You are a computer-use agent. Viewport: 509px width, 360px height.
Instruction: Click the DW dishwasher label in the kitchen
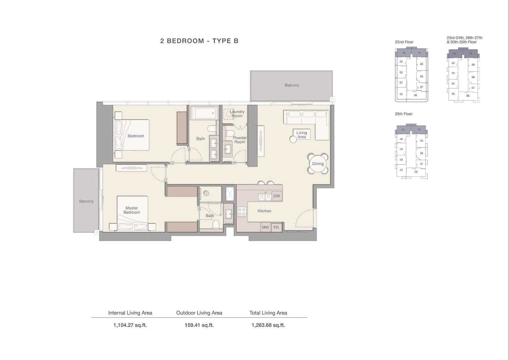tap(277, 196)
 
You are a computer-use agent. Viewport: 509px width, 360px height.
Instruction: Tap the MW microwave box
tap(265, 227)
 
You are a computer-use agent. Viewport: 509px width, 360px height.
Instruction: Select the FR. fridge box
tap(277, 227)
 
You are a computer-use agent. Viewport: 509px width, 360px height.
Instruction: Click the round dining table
tap(318, 164)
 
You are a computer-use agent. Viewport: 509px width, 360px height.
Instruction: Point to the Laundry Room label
tap(237, 114)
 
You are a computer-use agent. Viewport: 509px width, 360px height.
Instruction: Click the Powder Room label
tap(240, 140)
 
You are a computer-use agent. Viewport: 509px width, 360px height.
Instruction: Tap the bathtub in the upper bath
tap(204, 113)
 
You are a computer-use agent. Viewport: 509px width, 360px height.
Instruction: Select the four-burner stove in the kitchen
tap(242, 212)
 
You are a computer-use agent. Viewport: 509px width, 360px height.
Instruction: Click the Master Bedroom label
tap(132, 210)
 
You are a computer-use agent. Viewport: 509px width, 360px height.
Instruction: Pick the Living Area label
tap(302, 135)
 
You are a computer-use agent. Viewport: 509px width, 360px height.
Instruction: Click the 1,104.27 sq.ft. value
tap(130, 325)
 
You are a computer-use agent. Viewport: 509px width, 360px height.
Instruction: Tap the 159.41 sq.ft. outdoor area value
tap(199, 325)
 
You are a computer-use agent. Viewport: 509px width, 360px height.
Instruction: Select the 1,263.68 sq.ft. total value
tap(268, 325)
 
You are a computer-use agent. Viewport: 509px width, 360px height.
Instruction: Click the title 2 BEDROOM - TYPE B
tap(199, 41)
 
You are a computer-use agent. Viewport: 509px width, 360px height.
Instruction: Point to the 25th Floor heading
tap(403, 114)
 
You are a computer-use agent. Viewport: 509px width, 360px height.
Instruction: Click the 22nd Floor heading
tap(404, 42)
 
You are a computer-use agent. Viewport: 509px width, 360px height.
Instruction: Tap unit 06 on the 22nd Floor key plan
tap(415, 95)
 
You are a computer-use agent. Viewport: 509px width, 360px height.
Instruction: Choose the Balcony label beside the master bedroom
tap(86, 201)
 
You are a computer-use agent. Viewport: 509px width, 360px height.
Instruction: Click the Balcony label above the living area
tap(292, 85)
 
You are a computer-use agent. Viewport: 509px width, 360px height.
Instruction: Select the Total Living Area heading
tap(268, 313)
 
